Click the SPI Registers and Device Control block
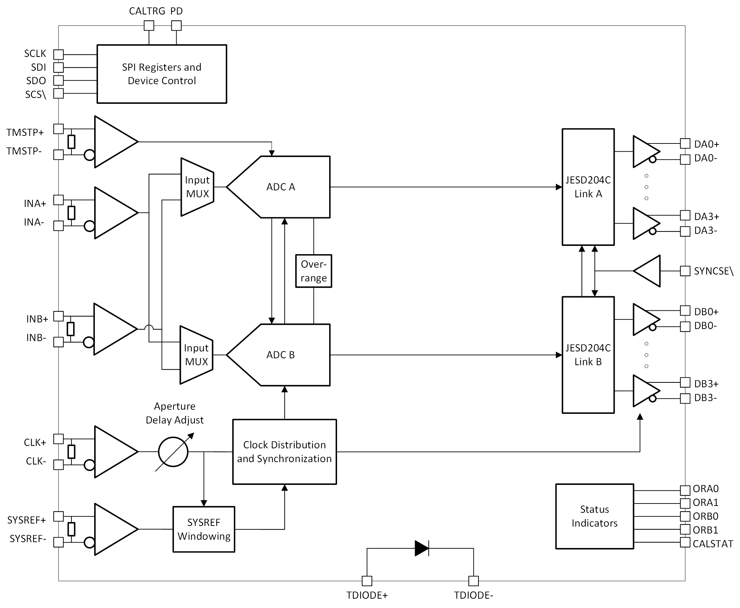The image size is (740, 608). click(161, 74)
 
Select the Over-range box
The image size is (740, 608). click(313, 271)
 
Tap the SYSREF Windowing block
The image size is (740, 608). click(204, 529)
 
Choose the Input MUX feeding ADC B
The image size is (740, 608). click(196, 355)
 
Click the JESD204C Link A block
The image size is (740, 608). click(588, 187)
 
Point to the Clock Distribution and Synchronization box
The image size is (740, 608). click(284, 452)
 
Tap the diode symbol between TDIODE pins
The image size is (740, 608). click(422, 548)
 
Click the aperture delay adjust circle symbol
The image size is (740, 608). click(173, 452)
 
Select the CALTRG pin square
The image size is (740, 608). click(149, 26)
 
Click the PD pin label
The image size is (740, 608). click(177, 11)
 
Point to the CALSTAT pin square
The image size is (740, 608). click(685, 542)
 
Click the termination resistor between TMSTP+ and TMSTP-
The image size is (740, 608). click(71, 142)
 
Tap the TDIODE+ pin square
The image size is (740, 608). click(367, 581)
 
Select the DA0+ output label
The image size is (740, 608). click(707, 144)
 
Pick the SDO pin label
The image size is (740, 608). click(36, 81)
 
